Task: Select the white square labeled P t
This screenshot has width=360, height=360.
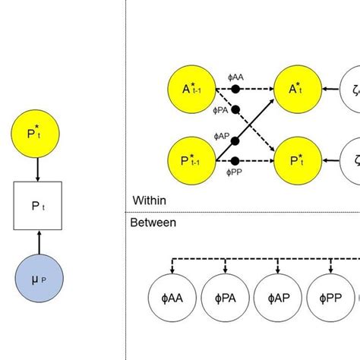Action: click(x=36, y=206)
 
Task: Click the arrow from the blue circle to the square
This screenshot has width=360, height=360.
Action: click(x=36, y=242)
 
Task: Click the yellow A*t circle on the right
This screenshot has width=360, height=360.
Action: click(x=296, y=89)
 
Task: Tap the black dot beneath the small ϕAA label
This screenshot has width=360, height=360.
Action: click(x=235, y=89)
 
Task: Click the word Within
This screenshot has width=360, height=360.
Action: click(x=150, y=201)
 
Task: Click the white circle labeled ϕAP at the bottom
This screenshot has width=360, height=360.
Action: click(x=277, y=299)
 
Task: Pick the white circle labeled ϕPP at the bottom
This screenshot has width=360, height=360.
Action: click(x=331, y=299)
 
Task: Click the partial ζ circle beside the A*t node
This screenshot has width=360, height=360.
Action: click(x=352, y=89)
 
